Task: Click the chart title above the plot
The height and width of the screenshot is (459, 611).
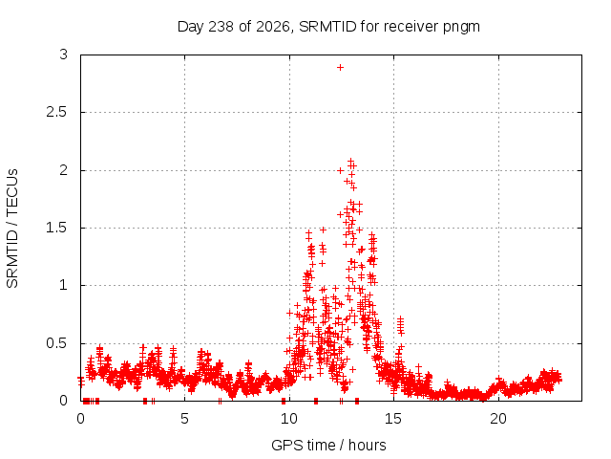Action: click(x=328, y=27)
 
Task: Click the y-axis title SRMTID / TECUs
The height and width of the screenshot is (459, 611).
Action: click(x=12, y=229)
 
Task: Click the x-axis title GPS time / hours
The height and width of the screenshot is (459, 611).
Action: click(x=328, y=445)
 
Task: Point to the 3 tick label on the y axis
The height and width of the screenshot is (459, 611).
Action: click(x=64, y=55)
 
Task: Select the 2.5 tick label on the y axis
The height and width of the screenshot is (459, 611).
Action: click(x=57, y=112)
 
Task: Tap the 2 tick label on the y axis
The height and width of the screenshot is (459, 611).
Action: click(x=64, y=170)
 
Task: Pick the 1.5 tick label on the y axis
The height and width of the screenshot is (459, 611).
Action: click(x=57, y=228)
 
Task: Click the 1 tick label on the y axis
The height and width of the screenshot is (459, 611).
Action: click(x=64, y=285)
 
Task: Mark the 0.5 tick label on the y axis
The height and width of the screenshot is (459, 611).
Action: click(x=57, y=343)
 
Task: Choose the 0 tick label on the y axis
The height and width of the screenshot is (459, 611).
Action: click(x=64, y=401)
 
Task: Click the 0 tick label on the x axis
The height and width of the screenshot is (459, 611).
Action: click(x=80, y=419)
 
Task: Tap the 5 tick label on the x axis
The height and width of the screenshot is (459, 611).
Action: click(x=184, y=419)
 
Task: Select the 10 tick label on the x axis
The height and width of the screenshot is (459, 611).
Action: click(x=289, y=419)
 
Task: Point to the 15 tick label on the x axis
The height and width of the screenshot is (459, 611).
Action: click(x=393, y=419)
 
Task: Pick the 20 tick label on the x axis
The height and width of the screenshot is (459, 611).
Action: click(x=498, y=419)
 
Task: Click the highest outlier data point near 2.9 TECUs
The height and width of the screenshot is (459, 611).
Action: click(x=340, y=68)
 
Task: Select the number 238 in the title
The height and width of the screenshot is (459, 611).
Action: click(x=221, y=27)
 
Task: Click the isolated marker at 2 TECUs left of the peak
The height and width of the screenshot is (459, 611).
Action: click(x=340, y=170)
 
